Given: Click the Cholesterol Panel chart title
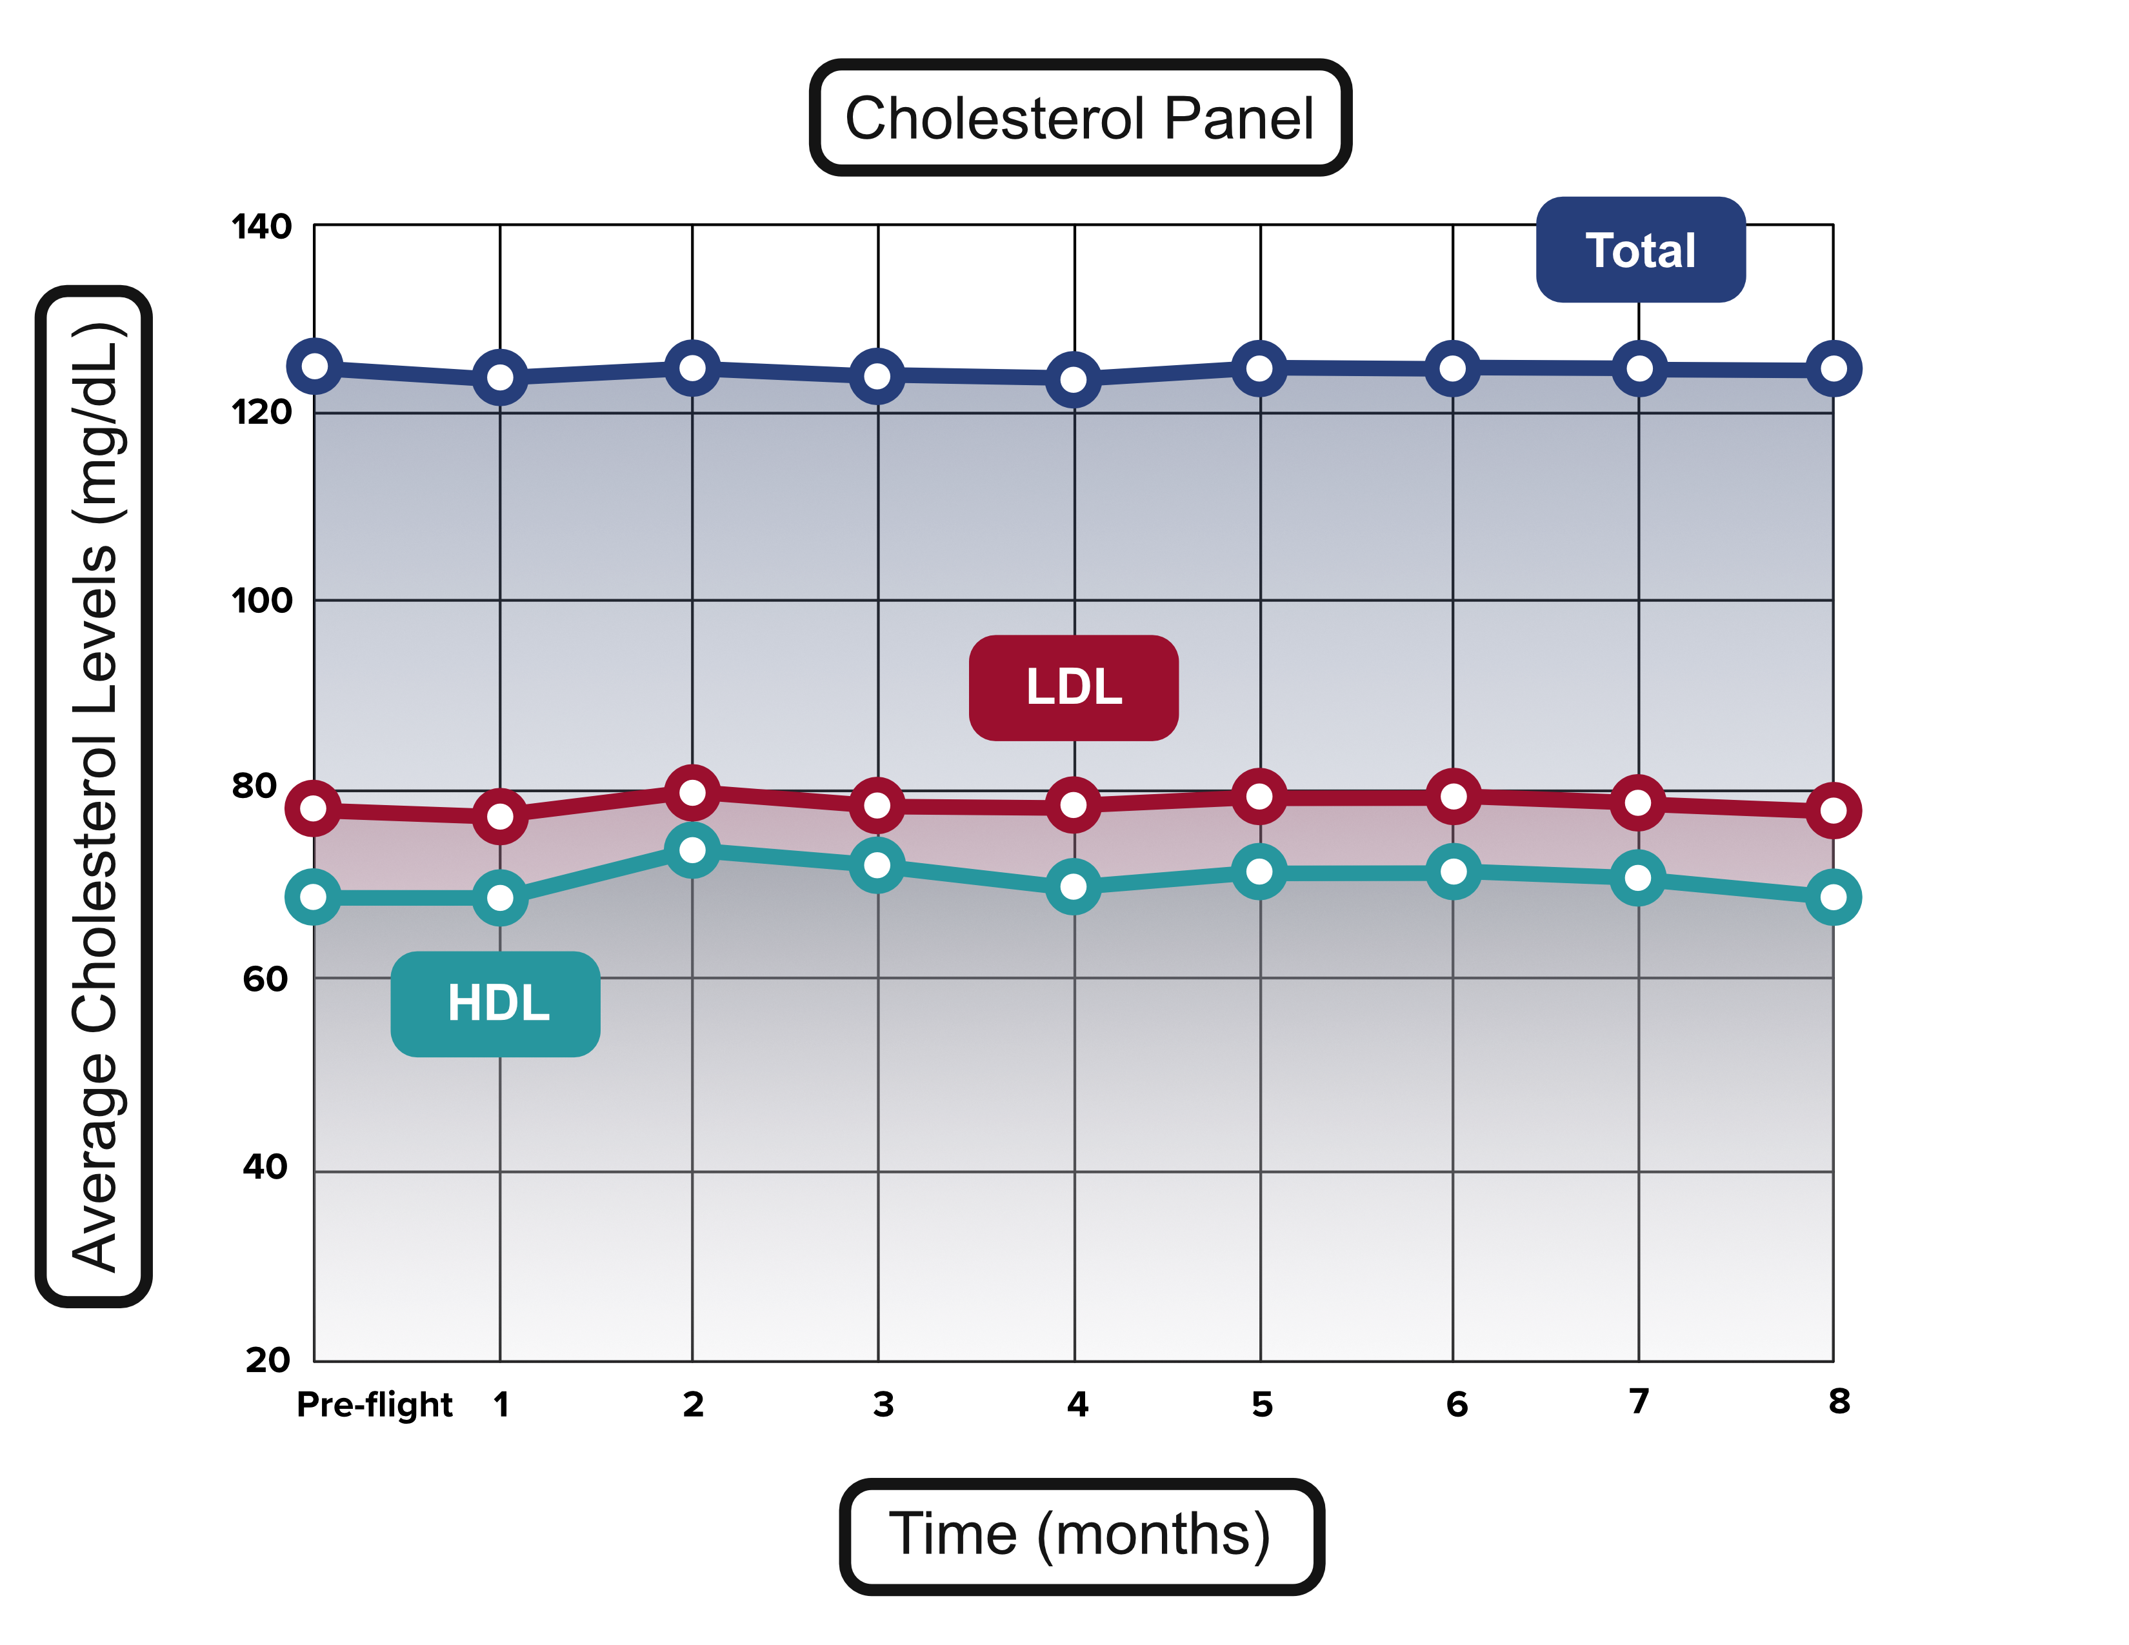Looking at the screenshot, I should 1079,118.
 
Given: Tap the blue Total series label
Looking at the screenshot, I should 1639,250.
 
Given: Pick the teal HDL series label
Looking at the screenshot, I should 495,1004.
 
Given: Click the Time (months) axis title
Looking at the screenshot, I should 1080,1535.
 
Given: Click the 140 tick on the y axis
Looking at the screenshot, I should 261,227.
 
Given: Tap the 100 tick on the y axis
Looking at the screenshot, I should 261,601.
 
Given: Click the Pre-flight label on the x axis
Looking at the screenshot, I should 374,1404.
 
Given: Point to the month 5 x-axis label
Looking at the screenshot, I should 1261,1404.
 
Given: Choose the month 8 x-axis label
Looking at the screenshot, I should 1839,1401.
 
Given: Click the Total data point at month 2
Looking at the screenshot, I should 692,368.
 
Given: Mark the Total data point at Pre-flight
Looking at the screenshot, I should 315,366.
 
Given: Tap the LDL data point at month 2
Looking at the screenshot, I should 692,792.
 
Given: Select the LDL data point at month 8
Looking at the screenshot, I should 1833,810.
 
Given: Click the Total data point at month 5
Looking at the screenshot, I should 1259,368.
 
